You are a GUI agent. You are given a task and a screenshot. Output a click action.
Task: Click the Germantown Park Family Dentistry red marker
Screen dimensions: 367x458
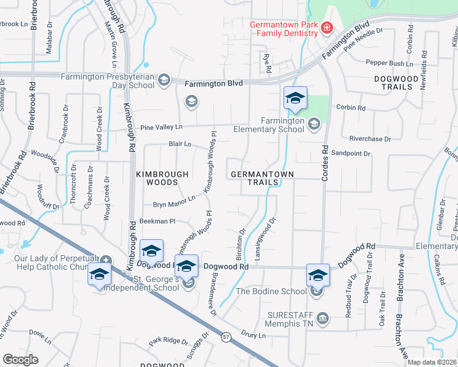(326, 28)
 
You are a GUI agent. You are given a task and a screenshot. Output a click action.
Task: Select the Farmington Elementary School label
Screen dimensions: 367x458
(283, 125)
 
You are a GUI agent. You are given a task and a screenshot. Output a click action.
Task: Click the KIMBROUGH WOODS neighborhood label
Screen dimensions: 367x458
(162, 178)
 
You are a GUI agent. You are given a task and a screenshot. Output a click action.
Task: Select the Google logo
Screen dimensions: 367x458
(20, 360)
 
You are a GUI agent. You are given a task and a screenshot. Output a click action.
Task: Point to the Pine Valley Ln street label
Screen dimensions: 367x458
(162, 127)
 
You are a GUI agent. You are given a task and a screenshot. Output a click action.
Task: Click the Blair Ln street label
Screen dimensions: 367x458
(180, 144)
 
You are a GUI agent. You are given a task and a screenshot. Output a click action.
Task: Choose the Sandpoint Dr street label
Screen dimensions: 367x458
(350, 154)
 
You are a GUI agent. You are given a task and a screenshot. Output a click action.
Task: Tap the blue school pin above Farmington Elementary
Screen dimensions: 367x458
(295, 98)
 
